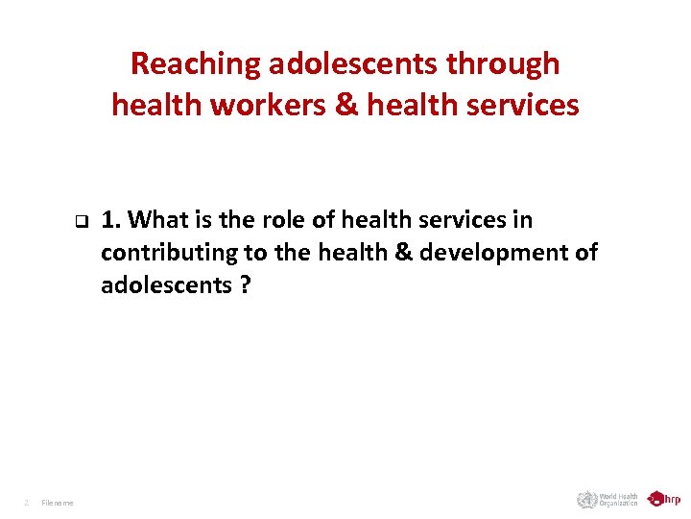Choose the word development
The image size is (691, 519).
click(503, 253)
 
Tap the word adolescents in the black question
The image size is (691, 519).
click(166, 285)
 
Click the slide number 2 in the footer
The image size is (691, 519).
click(26, 502)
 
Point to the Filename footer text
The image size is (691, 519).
click(57, 502)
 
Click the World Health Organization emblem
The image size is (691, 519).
click(585, 499)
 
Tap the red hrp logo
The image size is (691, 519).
click(663, 499)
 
